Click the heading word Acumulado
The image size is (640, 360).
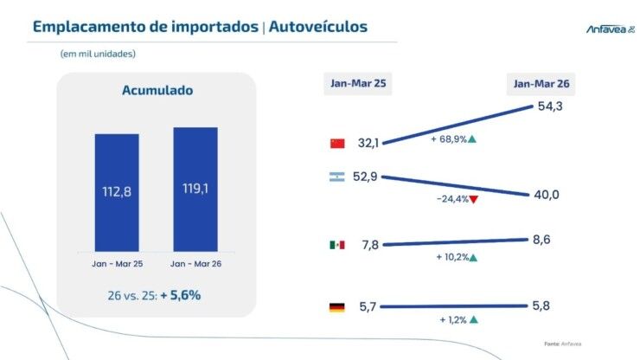157,90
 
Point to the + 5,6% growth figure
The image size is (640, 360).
180,295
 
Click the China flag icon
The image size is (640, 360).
337,144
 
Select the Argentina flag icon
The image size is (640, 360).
337,177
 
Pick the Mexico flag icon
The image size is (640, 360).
337,245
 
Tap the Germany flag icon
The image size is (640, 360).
337,306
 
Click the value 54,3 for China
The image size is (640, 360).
550,106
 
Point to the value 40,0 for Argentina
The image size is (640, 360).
546,195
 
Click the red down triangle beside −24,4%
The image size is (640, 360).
474,199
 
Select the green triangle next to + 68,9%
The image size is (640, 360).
471,138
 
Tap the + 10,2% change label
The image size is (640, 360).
451,258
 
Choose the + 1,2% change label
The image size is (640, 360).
452,319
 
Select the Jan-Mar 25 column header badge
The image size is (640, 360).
356,83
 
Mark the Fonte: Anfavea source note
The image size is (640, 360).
563,344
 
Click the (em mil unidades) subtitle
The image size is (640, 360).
98,54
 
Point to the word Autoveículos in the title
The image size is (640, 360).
318,27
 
